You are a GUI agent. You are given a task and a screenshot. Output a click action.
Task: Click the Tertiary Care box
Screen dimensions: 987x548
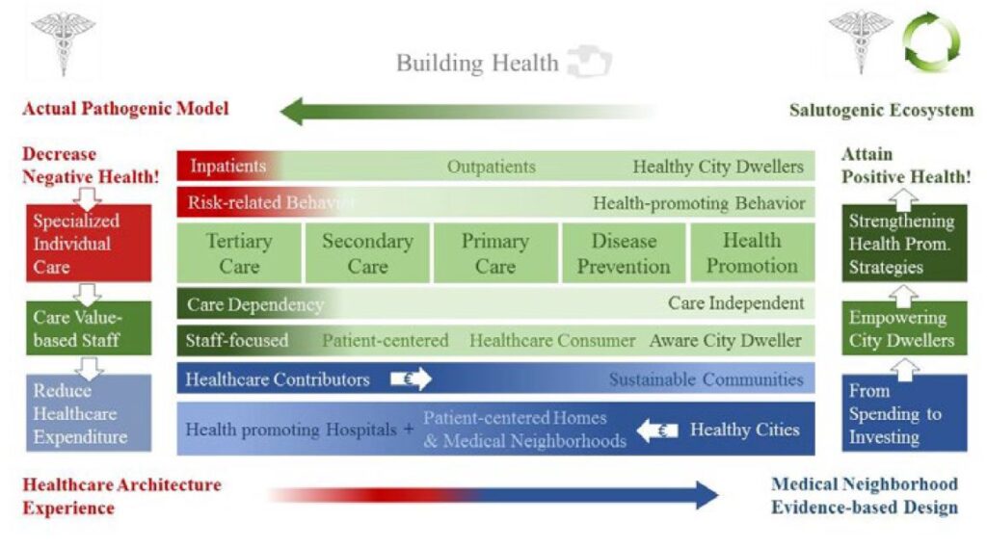pyautogui.click(x=239, y=253)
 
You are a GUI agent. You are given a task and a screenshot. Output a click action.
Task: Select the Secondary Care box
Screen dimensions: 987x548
pyautogui.click(x=367, y=253)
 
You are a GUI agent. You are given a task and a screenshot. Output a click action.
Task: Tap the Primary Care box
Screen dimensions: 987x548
pyautogui.click(x=495, y=253)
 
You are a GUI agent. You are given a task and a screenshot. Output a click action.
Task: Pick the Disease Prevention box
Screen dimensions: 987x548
pyautogui.click(x=624, y=253)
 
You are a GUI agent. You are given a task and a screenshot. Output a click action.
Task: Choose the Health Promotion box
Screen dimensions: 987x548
pyautogui.click(x=752, y=253)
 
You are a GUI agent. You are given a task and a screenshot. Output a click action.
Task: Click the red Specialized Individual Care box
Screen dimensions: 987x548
pyautogui.click(x=89, y=243)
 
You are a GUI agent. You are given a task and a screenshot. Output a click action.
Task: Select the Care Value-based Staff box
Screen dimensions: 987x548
pyautogui.click(x=89, y=327)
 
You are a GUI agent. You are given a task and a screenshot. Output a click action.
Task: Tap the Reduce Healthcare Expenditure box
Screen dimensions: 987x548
pyautogui.click(x=89, y=413)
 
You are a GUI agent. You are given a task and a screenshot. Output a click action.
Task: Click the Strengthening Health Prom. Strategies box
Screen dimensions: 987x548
pyautogui.click(x=904, y=243)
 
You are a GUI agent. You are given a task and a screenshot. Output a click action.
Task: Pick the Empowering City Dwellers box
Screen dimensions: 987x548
pyautogui.click(x=904, y=327)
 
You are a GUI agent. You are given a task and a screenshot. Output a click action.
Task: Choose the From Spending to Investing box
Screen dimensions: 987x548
pyautogui.click(x=904, y=413)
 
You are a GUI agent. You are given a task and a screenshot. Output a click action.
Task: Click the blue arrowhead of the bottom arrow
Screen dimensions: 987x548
pyautogui.click(x=707, y=495)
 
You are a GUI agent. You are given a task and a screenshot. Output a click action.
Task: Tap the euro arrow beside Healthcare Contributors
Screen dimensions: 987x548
pyautogui.click(x=411, y=378)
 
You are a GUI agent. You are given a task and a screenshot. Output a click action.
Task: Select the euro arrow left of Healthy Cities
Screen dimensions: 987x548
pyautogui.click(x=657, y=431)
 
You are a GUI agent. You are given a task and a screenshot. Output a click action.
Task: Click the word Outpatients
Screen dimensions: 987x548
pyautogui.click(x=491, y=167)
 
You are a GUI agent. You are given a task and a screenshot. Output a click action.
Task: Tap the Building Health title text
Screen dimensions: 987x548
pyautogui.click(x=477, y=63)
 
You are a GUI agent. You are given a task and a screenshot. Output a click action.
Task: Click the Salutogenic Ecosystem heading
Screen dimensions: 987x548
pyautogui.click(x=881, y=111)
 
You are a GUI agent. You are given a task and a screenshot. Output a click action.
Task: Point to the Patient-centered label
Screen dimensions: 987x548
pyautogui.click(x=386, y=341)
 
